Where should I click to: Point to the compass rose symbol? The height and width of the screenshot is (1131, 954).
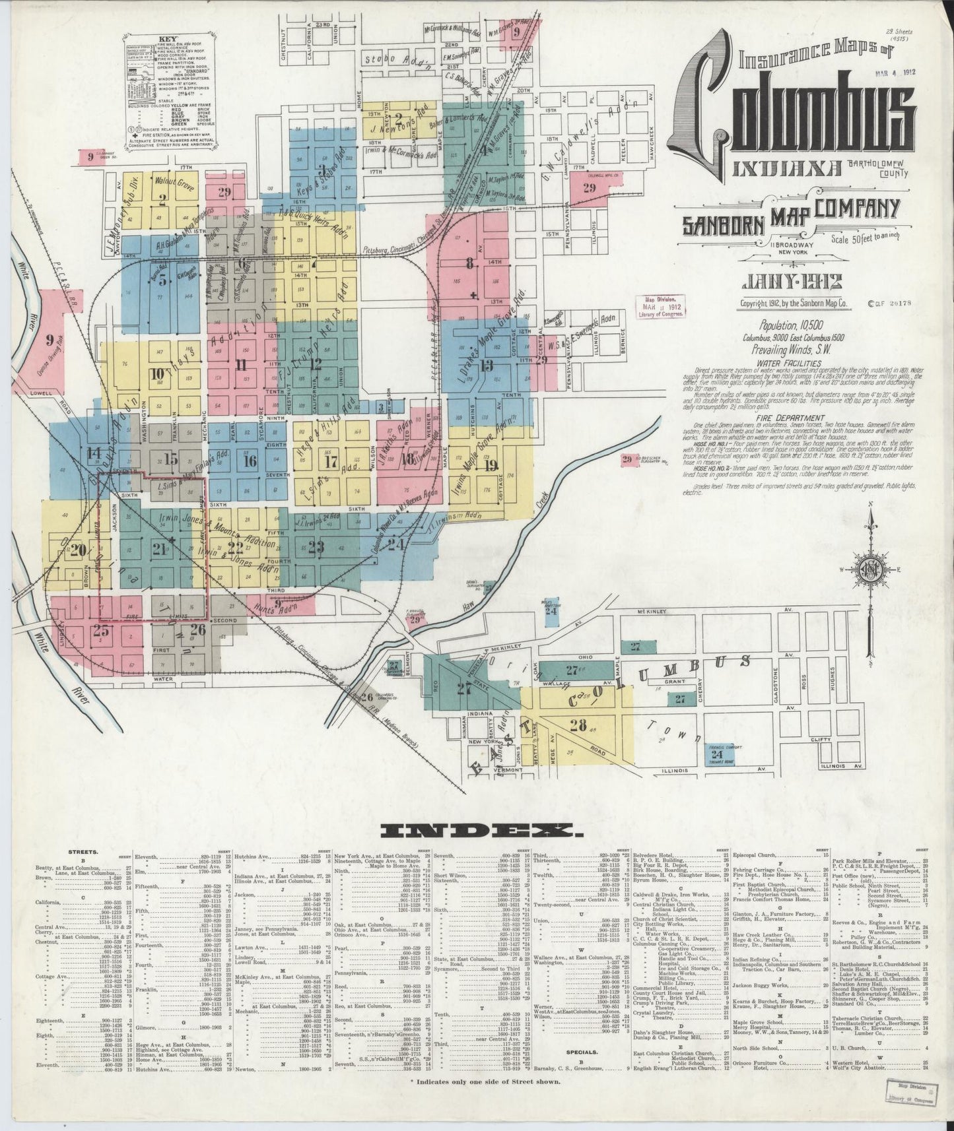coord(872,569)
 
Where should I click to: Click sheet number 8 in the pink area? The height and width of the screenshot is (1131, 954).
coord(470,264)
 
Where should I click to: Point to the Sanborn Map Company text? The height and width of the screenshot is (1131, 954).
coord(789,214)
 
